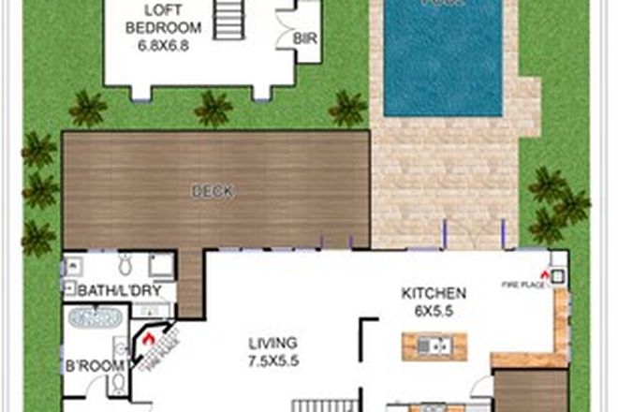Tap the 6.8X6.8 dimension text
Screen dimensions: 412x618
(x=157, y=45)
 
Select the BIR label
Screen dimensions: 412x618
(x=304, y=40)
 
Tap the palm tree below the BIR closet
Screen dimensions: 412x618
(x=346, y=110)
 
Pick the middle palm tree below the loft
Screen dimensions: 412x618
(x=213, y=110)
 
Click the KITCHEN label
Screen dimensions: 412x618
(x=434, y=293)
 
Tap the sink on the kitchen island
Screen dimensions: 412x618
(x=434, y=347)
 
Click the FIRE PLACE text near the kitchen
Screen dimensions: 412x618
(x=522, y=285)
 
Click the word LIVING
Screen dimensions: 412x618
(x=272, y=342)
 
